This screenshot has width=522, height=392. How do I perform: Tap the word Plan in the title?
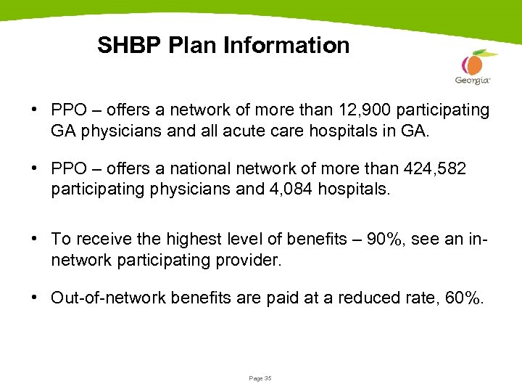[x=193, y=46]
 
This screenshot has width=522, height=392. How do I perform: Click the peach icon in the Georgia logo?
[x=474, y=63]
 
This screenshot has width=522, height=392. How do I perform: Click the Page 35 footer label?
[x=259, y=378]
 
